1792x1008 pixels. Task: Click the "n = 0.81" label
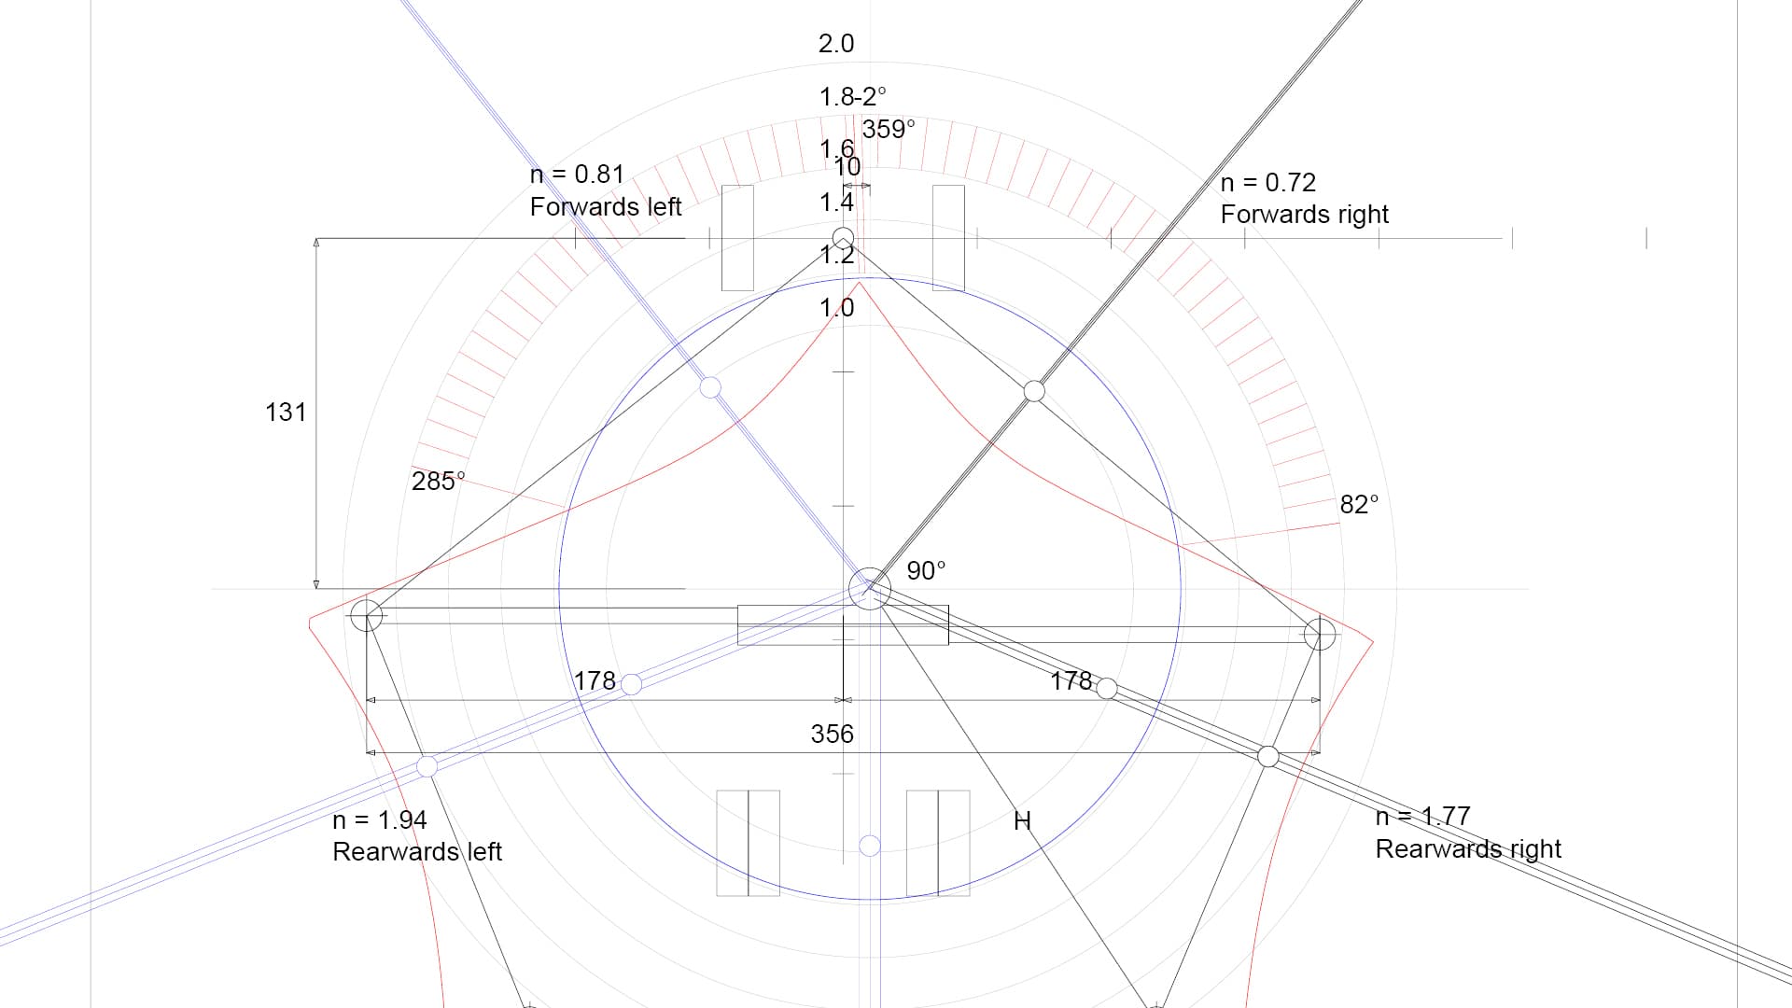click(577, 175)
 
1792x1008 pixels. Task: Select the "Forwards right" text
click(1304, 215)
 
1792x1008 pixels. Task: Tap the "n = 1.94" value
click(379, 820)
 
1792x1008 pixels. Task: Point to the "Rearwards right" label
click(1468, 849)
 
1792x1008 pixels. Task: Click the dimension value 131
click(286, 413)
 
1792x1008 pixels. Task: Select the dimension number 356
click(832, 735)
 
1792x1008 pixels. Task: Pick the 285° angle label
click(438, 481)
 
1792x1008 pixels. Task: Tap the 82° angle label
click(1359, 505)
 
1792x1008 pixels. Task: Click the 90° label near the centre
click(926, 570)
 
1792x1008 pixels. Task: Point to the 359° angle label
click(889, 130)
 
